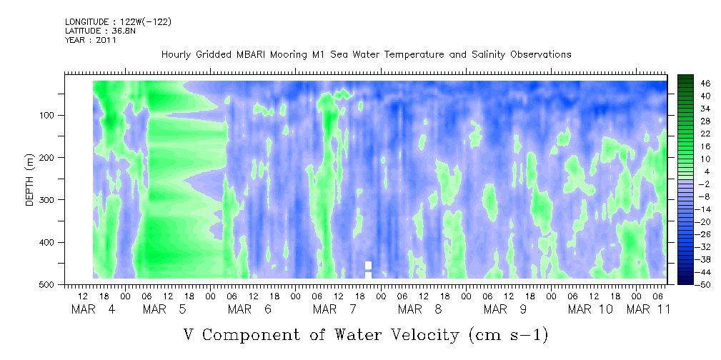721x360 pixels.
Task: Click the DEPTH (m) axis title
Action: point(30,179)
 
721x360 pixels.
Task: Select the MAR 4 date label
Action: point(94,309)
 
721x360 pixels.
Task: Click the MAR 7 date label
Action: point(334,309)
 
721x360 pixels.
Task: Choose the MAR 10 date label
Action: point(590,309)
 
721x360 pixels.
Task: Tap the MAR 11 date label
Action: point(648,309)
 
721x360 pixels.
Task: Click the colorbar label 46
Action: point(692,84)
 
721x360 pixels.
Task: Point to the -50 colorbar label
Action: point(691,285)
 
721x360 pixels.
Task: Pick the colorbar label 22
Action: point(692,136)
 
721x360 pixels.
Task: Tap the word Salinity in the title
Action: point(488,55)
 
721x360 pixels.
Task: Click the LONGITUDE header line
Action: point(119,21)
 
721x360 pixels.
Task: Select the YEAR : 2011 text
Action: point(91,40)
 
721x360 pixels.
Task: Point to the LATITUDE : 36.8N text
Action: point(101,31)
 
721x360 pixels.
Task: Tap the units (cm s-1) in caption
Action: point(508,335)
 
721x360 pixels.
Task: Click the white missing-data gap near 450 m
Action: point(368,270)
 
